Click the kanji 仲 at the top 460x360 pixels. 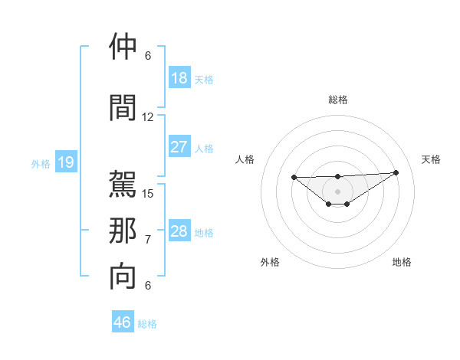[123, 47]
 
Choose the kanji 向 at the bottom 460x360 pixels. [123, 277]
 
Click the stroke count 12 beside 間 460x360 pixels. [148, 117]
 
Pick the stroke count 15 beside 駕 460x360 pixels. [148, 194]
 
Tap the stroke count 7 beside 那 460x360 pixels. [148, 240]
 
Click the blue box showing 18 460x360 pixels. [179, 78]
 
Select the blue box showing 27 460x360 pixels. [179, 147]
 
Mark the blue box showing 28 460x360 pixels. [179, 231]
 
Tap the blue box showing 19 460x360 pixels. [65, 162]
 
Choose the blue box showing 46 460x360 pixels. [122, 322]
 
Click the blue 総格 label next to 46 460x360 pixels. [147, 324]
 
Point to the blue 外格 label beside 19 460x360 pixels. [40, 163]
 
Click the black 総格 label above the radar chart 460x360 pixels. [337, 100]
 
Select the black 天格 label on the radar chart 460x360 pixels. [432, 159]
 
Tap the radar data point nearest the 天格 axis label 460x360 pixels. [396, 172]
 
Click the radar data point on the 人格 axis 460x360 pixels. [294, 178]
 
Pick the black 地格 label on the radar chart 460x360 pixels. [402, 262]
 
